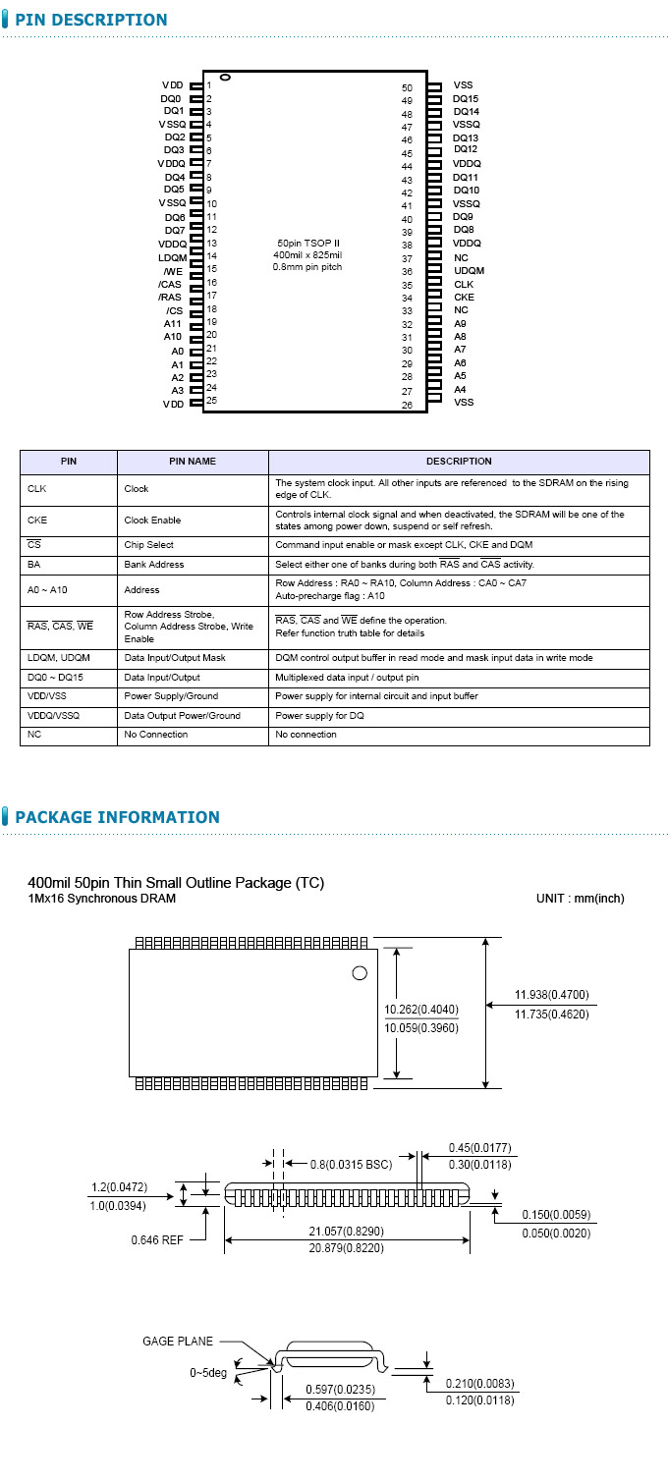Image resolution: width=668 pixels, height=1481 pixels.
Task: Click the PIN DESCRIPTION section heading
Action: (x=90, y=20)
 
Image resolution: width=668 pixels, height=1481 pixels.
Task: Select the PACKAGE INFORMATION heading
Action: (x=117, y=817)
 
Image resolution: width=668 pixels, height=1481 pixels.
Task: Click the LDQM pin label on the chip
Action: (x=172, y=257)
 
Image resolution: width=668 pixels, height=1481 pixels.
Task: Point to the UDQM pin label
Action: (x=469, y=271)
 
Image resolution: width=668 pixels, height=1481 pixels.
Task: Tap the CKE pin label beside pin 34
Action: (x=464, y=298)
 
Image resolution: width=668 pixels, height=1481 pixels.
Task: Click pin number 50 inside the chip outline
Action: (x=407, y=88)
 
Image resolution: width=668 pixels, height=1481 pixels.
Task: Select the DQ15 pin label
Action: (x=466, y=99)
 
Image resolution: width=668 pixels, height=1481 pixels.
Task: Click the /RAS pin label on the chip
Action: (x=170, y=297)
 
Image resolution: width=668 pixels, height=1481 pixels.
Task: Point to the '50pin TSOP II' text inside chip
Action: (x=308, y=243)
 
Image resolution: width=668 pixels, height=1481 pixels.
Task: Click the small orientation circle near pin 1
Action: (x=225, y=78)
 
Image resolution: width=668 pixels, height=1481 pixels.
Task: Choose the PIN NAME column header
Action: (x=193, y=462)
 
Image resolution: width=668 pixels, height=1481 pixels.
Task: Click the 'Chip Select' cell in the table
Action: (x=149, y=544)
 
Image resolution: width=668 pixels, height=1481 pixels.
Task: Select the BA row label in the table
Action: (x=34, y=565)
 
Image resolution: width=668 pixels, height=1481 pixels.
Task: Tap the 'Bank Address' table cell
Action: (x=154, y=565)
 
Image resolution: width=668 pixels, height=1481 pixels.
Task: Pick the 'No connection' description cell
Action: (x=306, y=735)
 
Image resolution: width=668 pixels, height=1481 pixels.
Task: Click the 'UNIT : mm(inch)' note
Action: (x=580, y=899)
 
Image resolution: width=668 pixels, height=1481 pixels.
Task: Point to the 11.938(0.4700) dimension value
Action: (x=551, y=995)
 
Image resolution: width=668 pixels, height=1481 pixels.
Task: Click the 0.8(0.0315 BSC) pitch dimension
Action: (x=351, y=1165)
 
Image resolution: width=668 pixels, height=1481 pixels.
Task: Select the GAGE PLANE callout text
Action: (x=178, y=1341)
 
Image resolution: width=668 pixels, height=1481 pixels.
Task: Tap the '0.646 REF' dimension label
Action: (x=157, y=1240)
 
